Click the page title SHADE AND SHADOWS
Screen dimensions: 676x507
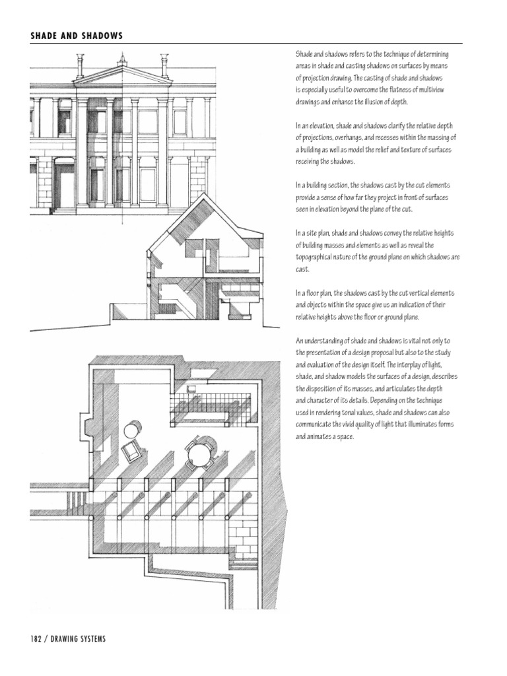[x=77, y=36]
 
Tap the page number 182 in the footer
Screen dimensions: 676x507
[x=38, y=638]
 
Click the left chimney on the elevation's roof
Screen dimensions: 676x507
[x=80, y=66]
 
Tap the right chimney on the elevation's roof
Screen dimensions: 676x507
[x=164, y=65]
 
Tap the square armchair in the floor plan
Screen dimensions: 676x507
[x=131, y=451]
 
